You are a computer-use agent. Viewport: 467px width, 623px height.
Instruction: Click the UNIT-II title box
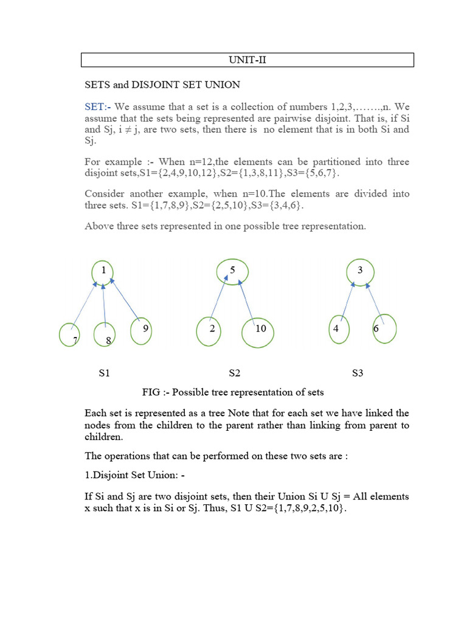point(248,60)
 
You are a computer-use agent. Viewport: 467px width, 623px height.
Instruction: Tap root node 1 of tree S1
point(104,271)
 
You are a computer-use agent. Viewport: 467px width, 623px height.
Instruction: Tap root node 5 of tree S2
point(232,271)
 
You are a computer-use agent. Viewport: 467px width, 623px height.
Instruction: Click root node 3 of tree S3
point(360,271)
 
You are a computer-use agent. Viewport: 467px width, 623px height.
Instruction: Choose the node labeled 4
point(338,329)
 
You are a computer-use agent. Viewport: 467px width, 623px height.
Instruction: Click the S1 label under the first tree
point(104,372)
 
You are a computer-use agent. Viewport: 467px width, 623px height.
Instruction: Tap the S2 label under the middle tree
point(234,372)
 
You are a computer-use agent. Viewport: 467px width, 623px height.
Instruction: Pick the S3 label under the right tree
point(358,372)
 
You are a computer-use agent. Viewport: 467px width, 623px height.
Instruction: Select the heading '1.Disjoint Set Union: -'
point(132,475)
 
